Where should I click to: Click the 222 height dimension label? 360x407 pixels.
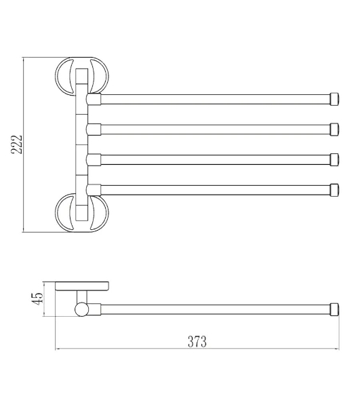pos(17,144)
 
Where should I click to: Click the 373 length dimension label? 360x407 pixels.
pos(197,342)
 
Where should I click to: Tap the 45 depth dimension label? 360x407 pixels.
pos(37,298)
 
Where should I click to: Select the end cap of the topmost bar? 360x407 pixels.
pos(334,99)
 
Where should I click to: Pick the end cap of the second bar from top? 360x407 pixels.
pos(334,129)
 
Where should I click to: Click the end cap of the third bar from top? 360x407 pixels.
pos(334,159)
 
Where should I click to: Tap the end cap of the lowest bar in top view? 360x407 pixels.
pos(334,190)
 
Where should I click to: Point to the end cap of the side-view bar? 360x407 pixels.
pos(334,309)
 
